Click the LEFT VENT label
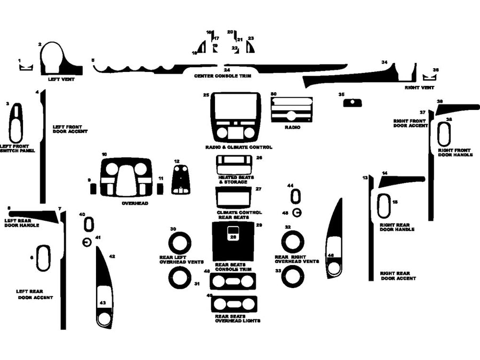61,79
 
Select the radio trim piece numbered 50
291,110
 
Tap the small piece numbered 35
353,103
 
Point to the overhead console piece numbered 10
126,177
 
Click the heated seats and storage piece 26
233,165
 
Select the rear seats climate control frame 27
233,198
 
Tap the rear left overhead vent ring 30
180,243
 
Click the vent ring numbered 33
292,277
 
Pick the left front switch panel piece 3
16,123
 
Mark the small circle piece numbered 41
87,243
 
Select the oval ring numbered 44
295,196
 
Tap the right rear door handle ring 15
383,206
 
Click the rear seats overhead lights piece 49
233,304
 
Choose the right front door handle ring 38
444,134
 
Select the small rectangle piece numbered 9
94,188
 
